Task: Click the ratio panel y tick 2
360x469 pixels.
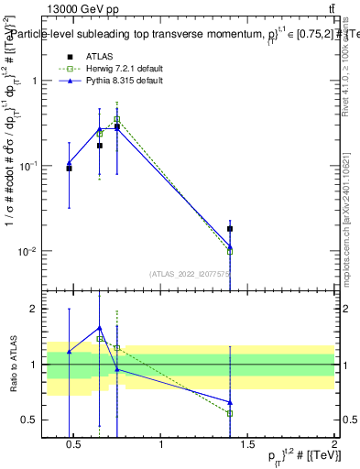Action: coord(35,309)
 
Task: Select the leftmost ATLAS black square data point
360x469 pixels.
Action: coord(69,169)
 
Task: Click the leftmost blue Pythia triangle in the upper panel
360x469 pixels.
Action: coord(69,163)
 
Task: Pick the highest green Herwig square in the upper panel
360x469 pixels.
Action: coord(117,119)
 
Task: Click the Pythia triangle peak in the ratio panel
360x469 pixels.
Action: coord(100,327)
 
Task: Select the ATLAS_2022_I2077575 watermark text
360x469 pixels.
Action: coord(190,273)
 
